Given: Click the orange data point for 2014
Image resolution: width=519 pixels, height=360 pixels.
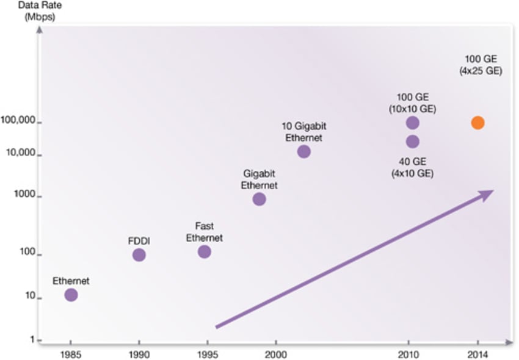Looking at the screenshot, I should (478, 123).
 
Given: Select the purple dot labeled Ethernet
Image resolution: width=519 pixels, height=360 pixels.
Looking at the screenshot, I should (71, 295).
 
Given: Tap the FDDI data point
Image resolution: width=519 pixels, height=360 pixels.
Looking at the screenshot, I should (139, 255).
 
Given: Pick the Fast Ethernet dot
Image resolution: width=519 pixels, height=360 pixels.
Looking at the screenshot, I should (205, 251).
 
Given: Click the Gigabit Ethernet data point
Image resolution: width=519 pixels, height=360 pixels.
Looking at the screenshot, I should (259, 199).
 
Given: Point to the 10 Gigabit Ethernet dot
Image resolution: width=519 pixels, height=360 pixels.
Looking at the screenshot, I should (303, 151).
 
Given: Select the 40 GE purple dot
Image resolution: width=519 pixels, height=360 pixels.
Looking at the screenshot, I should (413, 142).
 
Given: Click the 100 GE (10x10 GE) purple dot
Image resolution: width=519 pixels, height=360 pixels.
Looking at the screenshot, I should (413, 123).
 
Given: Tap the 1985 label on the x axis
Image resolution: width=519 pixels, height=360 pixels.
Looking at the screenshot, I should (71, 353).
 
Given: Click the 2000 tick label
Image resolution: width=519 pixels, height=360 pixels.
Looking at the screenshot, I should (276, 353).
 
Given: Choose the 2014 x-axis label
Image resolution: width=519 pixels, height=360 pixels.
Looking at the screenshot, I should (478, 353).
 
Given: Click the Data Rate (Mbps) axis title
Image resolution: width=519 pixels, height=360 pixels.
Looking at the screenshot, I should (38, 11).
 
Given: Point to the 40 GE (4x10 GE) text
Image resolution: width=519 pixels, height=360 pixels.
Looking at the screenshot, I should (412, 167).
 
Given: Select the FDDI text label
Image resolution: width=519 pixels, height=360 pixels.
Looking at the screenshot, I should (139, 240).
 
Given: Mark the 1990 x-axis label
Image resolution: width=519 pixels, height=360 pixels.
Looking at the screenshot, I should (139, 353).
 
